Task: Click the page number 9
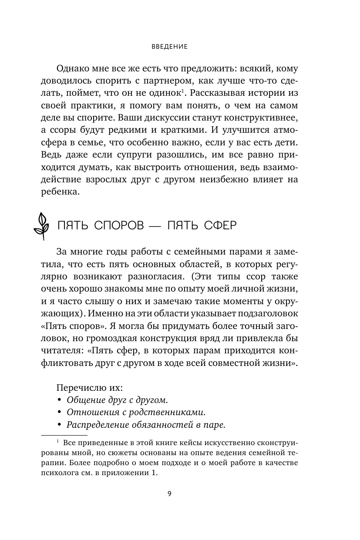[x=170, y=493]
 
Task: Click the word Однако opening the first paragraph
[x=72, y=69]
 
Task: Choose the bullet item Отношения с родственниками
[x=136, y=412]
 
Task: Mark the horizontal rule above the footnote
[x=64, y=435]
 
